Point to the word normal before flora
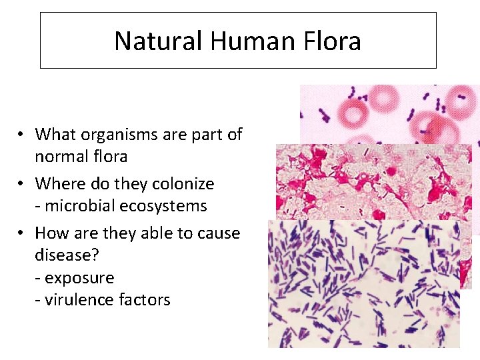62,157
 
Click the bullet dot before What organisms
22,135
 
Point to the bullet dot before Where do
22,183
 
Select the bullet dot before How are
22,233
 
